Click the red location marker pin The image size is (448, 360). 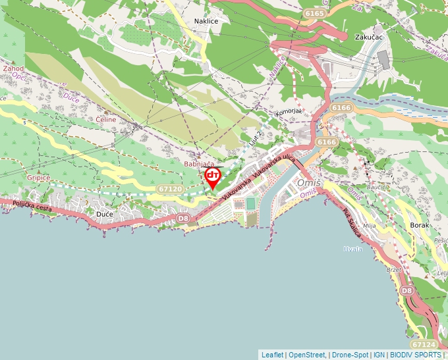(x=213, y=177)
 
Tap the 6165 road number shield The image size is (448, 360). (x=315, y=13)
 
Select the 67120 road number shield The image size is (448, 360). (x=170, y=189)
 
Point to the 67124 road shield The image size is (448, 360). (x=423, y=344)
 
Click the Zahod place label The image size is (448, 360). (x=13, y=68)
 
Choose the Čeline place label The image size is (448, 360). (x=105, y=120)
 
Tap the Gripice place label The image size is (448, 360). (x=39, y=178)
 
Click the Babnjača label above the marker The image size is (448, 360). (x=199, y=164)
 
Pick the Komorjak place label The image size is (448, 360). (x=289, y=111)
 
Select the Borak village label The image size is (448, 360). (x=419, y=225)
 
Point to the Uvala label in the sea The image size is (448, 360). (x=353, y=249)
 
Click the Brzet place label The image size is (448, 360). (x=394, y=270)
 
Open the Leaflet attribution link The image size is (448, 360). (x=272, y=355)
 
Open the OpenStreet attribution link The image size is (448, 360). (x=307, y=355)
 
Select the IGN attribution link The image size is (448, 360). (x=379, y=355)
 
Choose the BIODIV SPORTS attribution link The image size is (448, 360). (x=414, y=355)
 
